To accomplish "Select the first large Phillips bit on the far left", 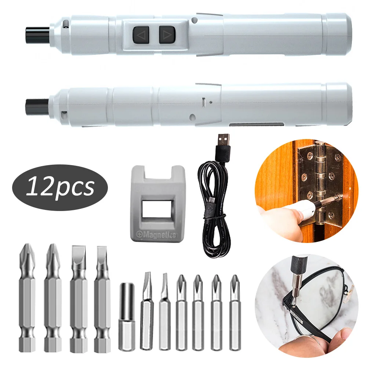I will [x=27, y=297].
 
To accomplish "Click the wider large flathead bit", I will [x=78, y=297].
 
